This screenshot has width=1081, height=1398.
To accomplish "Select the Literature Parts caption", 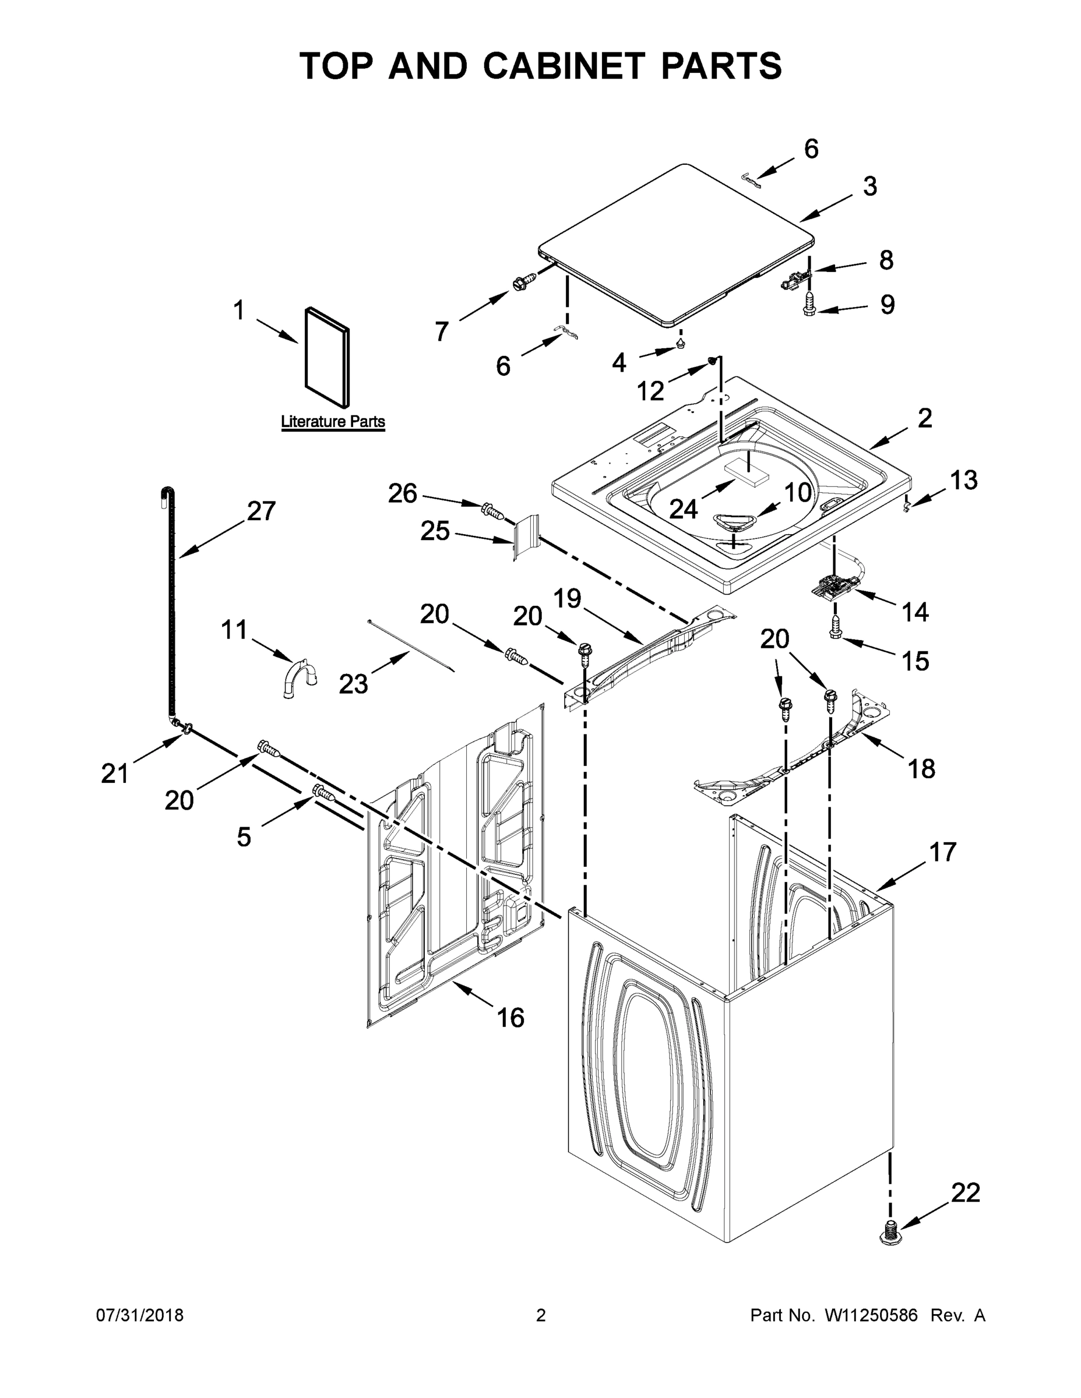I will [333, 422].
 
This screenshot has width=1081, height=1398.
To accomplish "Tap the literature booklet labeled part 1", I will [328, 356].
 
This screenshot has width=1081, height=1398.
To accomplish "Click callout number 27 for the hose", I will [261, 511].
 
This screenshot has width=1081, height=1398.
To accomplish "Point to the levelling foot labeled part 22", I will [889, 1231].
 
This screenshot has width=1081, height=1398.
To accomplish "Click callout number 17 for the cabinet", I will [943, 852].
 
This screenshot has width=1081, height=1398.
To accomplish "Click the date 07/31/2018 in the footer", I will [140, 1315].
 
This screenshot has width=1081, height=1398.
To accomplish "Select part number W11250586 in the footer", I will [871, 1315].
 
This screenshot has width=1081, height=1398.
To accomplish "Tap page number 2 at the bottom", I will [541, 1315].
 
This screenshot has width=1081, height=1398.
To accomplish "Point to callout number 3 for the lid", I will [869, 186].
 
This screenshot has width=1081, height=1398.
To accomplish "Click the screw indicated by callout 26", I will [492, 511].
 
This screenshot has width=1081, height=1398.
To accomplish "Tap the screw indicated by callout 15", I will [835, 627].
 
